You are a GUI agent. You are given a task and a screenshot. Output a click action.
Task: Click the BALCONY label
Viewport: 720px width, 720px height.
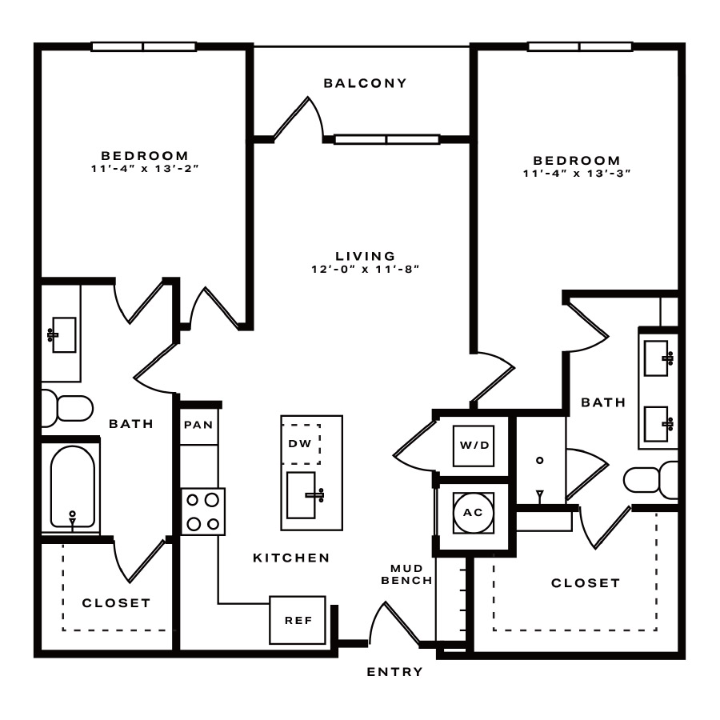(365, 83)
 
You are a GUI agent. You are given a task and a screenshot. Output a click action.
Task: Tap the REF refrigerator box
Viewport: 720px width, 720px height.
(298, 620)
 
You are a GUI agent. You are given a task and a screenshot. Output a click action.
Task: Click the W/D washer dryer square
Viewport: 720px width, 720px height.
(474, 446)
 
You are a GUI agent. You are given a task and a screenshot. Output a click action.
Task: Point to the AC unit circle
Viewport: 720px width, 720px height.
(474, 513)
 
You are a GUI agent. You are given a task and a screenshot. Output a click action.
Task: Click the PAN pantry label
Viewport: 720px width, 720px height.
(198, 425)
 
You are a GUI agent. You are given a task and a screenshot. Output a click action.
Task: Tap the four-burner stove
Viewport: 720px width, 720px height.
(203, 511)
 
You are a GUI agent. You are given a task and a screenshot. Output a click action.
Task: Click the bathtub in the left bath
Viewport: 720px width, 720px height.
(73, 486)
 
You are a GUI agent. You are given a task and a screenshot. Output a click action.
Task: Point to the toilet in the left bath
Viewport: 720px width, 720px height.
(68, 408)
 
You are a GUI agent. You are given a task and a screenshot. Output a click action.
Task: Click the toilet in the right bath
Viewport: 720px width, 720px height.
(650, 480)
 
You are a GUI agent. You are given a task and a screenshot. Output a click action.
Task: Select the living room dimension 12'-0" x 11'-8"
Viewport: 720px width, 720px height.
(366, 269)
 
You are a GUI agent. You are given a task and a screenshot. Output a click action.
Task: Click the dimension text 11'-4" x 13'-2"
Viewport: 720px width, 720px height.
(145, 169)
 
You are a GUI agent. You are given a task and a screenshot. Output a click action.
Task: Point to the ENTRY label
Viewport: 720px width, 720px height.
(394, 672)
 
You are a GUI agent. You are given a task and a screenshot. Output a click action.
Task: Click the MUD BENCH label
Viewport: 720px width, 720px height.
(407, 574)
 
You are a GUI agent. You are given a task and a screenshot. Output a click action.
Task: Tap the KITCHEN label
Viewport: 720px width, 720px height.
(291, 558)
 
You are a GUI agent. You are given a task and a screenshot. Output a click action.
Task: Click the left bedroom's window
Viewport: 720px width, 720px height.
(144, 46)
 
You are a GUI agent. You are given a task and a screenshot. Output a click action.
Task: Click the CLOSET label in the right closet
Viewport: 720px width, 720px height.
(586, 583)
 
